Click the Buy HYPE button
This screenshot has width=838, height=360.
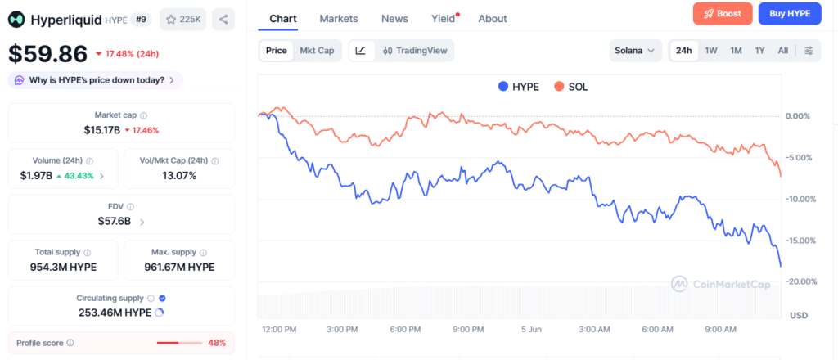(x=790, y=14)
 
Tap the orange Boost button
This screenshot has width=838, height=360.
(x=723, y=14)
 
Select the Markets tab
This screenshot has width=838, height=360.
(x=339, y=19)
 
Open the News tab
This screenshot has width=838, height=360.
(x=394, y=19)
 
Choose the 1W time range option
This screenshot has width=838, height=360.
(x=711, y=51)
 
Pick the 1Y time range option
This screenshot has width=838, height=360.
(x=759, y=51)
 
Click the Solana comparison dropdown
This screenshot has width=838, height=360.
(x=635, y=51)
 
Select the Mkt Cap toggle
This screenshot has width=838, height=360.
(x=317, y=51)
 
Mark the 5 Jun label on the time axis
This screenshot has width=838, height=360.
(x=532, y=330)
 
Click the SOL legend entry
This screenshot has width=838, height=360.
(x=570, y=87)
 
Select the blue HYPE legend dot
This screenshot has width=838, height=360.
(x=502, y=87)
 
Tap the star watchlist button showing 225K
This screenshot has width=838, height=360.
(x=182, y=20)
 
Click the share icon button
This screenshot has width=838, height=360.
(x=223, y=20)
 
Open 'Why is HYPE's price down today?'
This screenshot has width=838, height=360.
(x=96, y=81)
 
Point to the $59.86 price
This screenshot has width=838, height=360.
(x=47, y=54)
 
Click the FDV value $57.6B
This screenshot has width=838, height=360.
(x=115, y=221)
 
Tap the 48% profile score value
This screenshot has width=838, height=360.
(x=217, y=343)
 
